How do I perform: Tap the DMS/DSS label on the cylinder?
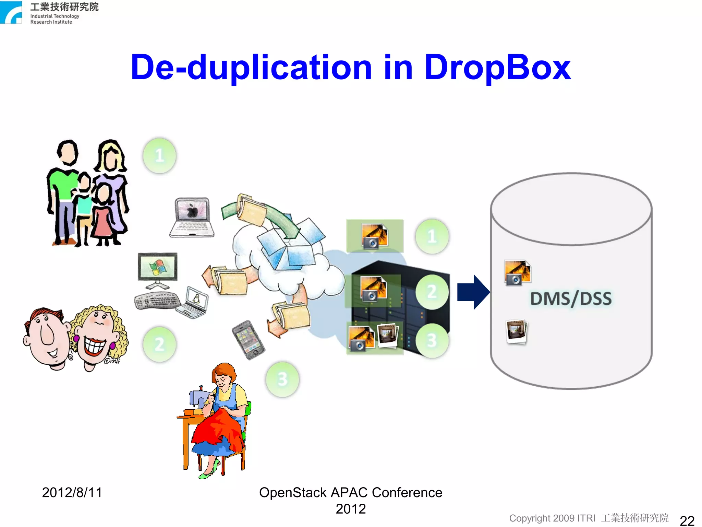[571, 298]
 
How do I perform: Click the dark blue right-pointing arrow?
[473, 292]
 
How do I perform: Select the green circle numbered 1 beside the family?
[159, 156]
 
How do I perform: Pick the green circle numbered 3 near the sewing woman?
[282, 379]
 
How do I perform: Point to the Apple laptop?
[192, 217]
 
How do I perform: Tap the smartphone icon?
[248, 339]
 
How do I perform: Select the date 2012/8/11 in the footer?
[72, 493]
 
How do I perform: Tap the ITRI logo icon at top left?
[11, 12]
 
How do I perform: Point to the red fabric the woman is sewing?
[219, 429]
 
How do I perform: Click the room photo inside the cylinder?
[517, 331]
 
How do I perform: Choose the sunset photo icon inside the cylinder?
[517, 273]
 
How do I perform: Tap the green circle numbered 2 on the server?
[432, 292]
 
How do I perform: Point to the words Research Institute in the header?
[51, 22]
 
